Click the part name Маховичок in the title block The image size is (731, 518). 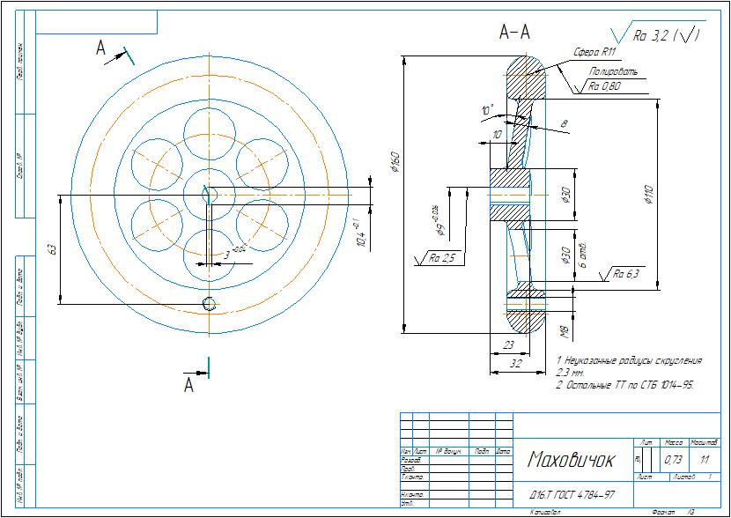571,461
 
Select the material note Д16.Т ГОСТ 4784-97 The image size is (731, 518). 572,495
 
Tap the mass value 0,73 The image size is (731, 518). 673,460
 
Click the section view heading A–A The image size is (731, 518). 514,33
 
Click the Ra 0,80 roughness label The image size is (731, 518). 604,86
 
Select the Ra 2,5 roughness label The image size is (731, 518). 443,258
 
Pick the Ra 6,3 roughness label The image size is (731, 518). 626,274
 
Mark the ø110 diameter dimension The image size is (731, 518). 649,196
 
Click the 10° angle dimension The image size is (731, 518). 487,110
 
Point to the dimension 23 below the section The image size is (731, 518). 508,345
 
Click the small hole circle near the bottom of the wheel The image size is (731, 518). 209,304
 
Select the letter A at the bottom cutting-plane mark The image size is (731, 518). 188,386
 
